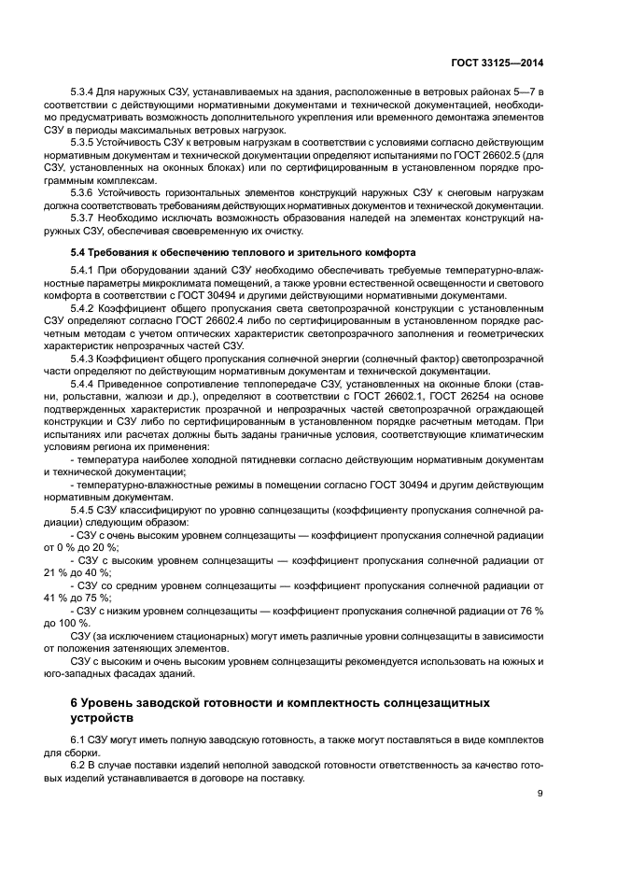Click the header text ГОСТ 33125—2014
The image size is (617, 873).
[497, 63]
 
